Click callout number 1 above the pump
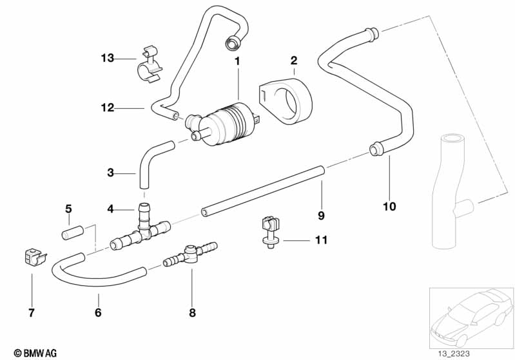coord(237,62)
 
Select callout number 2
coord(294,61)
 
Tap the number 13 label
coord(107,59)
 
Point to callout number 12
coord(107,108)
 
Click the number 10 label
coord(389,207)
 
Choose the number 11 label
coord(321,240)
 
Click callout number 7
coord(31,314)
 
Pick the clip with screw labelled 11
coord(269,231)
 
